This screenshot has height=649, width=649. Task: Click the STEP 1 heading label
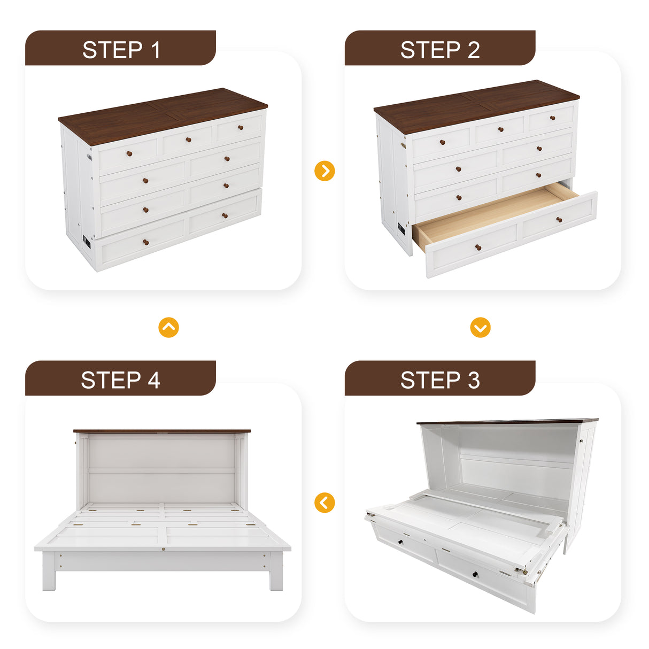point(121,50)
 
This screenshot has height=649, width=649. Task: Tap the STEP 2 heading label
point(439,50)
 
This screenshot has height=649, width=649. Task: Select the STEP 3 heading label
point(439,380)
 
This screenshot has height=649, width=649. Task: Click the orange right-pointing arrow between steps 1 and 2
point(324,171)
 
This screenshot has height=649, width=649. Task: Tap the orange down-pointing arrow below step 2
point(480,327)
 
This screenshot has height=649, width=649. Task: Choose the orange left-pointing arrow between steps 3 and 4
point(324,503)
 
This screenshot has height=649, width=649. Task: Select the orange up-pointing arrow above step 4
point(168,327)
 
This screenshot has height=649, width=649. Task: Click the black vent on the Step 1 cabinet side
point(87,242)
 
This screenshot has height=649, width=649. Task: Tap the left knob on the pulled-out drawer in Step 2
point(478,247)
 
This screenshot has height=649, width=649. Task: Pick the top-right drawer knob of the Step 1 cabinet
point(241,127)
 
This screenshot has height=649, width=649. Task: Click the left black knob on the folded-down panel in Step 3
point(400,543)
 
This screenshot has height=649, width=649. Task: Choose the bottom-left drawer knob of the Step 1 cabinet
point(145,243)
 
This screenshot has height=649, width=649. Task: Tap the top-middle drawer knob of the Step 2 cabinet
point(500,129)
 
